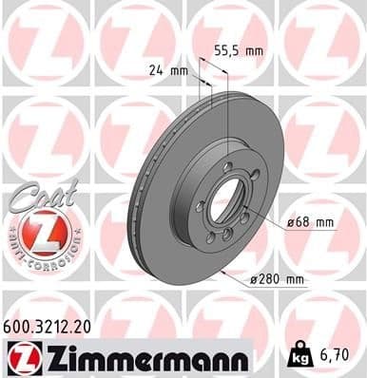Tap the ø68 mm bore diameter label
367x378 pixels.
coord(312,223)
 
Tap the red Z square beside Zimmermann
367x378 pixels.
coord(22,357)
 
